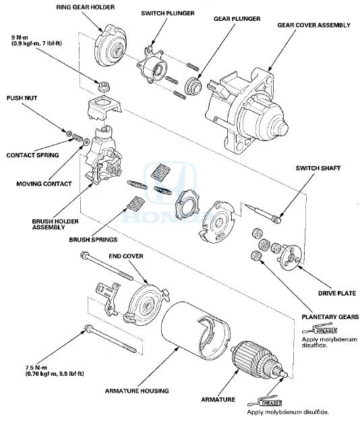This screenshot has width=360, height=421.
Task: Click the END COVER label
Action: tap(125, 257)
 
